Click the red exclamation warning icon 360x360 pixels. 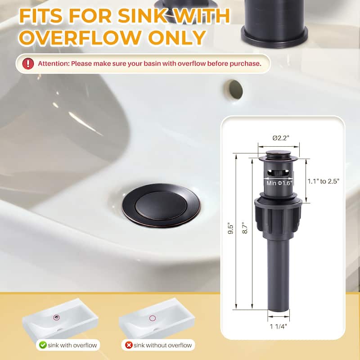coord(28,63)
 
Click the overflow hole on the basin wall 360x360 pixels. coord(234,89)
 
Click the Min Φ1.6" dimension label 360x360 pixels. coord(279,183)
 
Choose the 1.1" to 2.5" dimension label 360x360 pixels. coord(323,181)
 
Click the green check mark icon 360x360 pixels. coord(43,345)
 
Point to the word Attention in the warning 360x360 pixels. coord(53,63)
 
